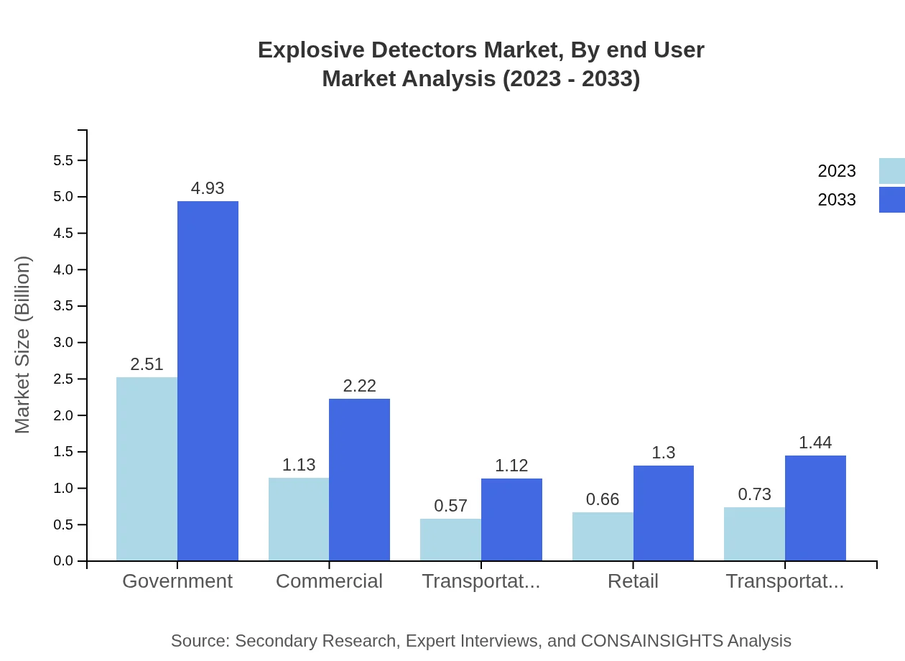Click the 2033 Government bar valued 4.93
point(208,381)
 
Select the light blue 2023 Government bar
point(147,468)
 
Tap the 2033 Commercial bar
point(359,479)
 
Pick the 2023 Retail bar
point(603,536)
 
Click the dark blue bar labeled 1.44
point(815,508)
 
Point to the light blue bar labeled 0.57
point(450,540)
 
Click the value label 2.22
point(359,386)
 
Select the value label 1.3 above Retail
point(663,453)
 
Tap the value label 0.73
point(754,494)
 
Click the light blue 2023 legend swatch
point(891,171)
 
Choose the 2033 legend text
point(837,200)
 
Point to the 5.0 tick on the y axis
point(63,197)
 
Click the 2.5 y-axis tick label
point(63,379)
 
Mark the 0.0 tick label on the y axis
point(63,561)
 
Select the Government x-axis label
point(177,581)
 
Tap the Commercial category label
point(329,581)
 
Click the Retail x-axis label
point(633,581)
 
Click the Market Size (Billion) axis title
point(23,345)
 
